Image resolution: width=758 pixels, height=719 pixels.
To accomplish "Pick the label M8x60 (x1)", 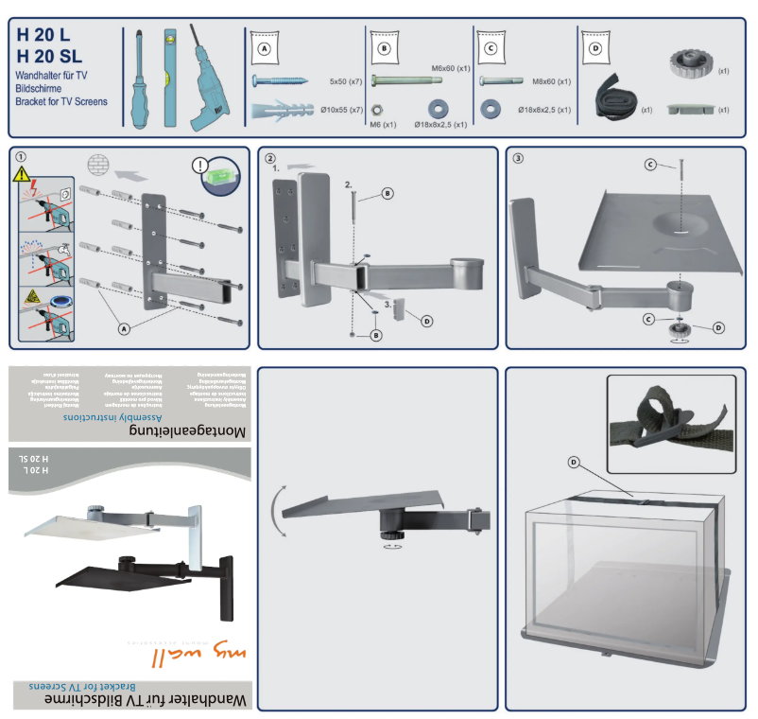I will (x=551, y=82).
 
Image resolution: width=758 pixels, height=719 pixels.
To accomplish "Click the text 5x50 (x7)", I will (x=346, y=83).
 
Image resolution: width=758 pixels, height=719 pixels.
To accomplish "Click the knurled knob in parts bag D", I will (x=693, y=67).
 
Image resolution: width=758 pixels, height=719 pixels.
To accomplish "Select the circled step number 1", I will (x=21, y=157).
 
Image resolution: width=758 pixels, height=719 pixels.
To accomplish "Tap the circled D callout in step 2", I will (x=426, y=322).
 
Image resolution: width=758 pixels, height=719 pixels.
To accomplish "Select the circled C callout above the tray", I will (x=651, y=165).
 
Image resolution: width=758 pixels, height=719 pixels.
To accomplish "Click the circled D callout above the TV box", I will (x=574, y=462).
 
